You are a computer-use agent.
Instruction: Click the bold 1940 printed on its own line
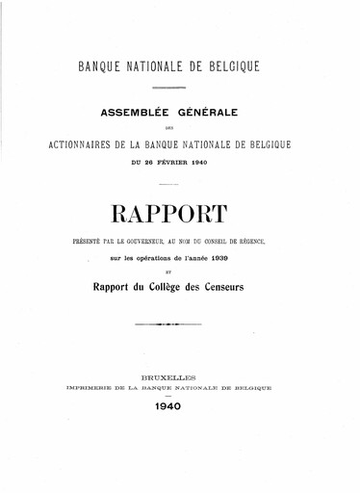tap(180, 407)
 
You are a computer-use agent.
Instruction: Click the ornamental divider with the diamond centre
tap(180, 325)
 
